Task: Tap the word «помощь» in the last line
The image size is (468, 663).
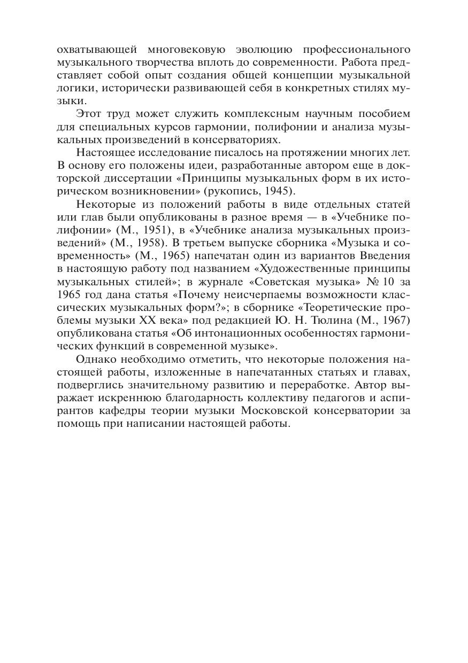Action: pyautogui.click(x=76, y=423)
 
